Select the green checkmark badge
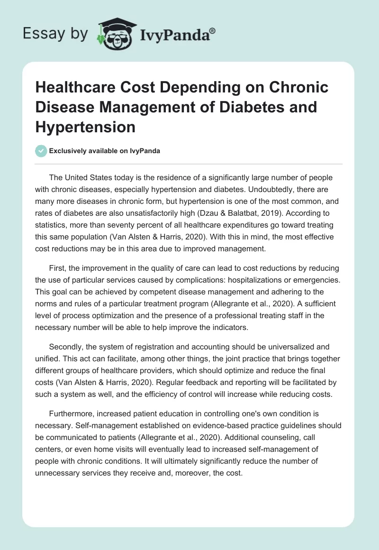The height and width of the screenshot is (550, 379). click(41, 151)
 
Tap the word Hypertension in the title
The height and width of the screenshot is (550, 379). click(85, 127)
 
